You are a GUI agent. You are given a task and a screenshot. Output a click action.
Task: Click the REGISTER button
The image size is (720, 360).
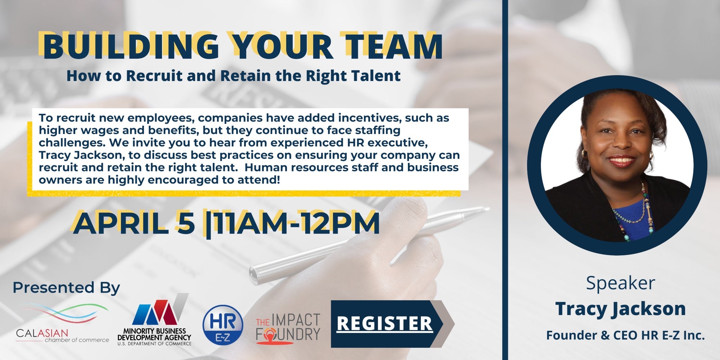click(392, 324)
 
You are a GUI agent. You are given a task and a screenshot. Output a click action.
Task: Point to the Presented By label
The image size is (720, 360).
click(66, 288)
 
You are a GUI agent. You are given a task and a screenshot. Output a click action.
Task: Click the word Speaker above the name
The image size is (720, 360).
click(620, 283)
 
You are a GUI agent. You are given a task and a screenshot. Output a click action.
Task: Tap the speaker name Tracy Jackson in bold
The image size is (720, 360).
click(620, 309)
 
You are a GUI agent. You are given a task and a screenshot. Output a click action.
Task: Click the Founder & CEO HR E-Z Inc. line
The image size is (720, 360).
click(625, 336)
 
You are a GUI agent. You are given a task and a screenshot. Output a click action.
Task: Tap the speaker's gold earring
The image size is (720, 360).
click(651, 155)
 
